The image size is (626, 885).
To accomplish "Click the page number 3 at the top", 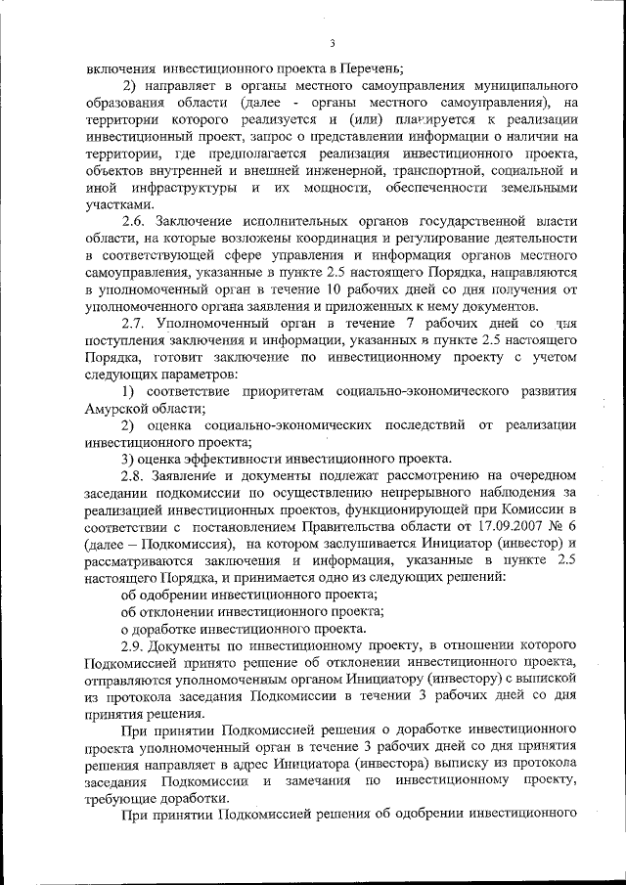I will coord(333,44).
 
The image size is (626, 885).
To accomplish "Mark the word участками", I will coord(119,203).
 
